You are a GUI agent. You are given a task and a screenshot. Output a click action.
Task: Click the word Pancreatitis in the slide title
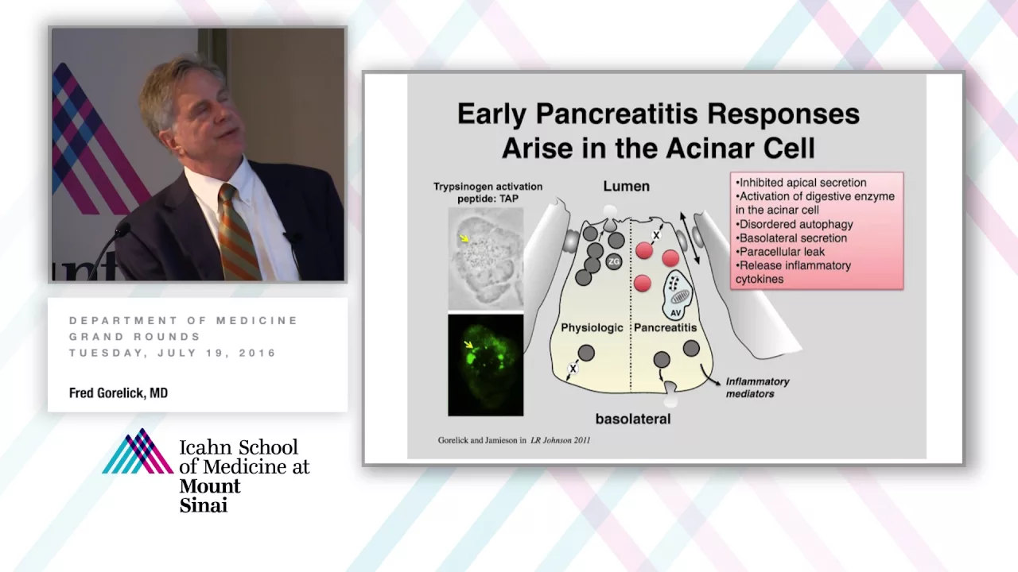(616, 114)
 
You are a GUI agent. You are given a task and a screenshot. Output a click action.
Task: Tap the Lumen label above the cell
(626, 186)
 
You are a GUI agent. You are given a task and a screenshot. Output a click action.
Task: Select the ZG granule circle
(614, 261)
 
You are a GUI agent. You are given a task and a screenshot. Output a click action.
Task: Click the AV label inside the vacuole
(675, 313)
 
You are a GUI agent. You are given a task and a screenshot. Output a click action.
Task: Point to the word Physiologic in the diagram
(592, 328)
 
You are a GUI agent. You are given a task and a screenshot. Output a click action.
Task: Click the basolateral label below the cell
(633, 419)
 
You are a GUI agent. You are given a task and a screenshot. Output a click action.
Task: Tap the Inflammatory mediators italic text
(758, 388)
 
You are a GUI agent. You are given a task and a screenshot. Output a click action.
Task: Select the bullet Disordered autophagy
(794, 224)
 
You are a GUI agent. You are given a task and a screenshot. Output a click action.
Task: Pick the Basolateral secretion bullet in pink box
(791, 238)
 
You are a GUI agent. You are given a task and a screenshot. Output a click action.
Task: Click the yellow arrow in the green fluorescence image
(468, 346)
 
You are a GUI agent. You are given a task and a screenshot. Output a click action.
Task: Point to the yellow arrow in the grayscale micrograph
(464, 238)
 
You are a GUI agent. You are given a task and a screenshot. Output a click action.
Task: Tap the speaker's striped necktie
(237, 233)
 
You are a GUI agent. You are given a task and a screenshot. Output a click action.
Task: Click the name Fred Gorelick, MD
(119, 392)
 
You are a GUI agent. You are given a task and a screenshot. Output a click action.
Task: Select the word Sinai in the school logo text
(203, 505)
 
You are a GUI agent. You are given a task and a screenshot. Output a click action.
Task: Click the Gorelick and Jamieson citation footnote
(514, 440)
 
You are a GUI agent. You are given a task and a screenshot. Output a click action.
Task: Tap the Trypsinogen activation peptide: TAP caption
(488, 192)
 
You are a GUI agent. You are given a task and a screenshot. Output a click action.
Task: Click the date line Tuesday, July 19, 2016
(173, 354)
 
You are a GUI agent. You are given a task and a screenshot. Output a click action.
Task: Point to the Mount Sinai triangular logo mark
(138, 451)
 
